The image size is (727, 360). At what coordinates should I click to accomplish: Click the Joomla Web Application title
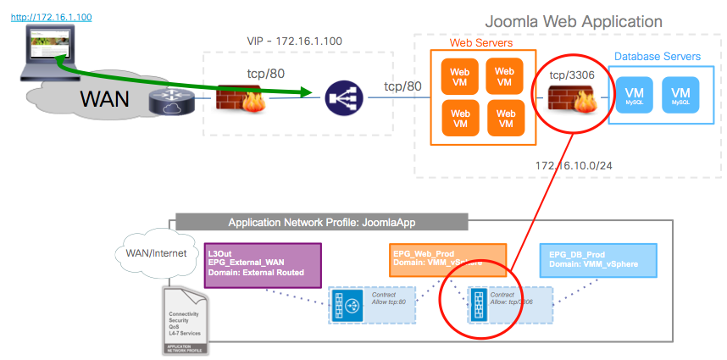[x=573, y=21]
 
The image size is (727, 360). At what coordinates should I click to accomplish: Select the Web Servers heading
[x=481, y=42]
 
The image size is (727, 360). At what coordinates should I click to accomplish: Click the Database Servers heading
[x=658, y=57]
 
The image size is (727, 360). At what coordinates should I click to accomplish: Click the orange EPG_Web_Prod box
[x=448, y=259]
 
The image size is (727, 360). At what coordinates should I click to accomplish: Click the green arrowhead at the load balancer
[x=315, y=94]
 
